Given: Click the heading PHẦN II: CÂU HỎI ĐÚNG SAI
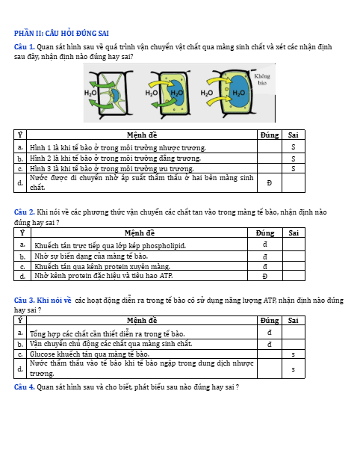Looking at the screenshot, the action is [x=61, y=34].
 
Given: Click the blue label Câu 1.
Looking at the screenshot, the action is [x=25, y=47].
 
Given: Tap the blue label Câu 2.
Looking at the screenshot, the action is [x=25, y=212].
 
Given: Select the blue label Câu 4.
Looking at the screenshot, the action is [x=25, y=387].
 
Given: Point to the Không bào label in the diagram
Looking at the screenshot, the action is [x=262, y=79].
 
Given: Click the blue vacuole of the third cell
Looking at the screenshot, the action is [x=239, y=91].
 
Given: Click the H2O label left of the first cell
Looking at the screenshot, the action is [x=90, y=93].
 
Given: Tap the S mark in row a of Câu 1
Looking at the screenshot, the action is [x=293, y=147].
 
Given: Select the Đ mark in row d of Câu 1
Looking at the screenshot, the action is [x=270, y=182].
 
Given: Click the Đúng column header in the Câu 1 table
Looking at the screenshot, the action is [x=270, y=135].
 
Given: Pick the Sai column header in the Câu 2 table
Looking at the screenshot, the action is [x=294, y=233].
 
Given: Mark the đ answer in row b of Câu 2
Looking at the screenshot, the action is [x=265, y=257].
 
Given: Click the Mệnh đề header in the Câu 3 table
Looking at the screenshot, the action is [x=142, y=321].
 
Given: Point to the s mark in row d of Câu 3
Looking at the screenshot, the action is [x=293, y=369].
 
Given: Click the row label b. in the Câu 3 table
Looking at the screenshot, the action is [x=20, y=344].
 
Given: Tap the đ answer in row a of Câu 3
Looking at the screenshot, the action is [x=270, y=333].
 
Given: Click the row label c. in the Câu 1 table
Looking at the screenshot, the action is [x=20, y=169].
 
